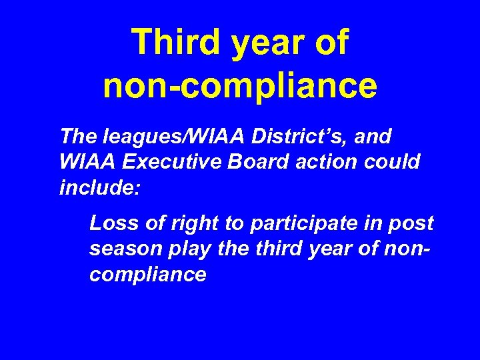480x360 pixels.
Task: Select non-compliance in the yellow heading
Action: coord(240,86)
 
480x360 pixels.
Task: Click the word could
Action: coord(393,163)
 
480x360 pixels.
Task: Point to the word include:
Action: coord(99,187)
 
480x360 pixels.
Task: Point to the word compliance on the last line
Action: coord(147,273)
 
